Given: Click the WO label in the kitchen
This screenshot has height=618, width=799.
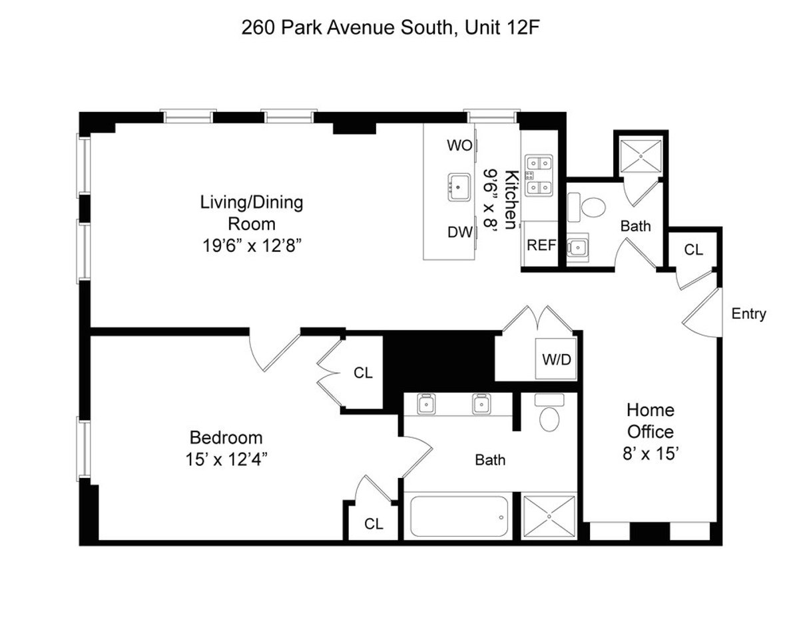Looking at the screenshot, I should (458, 145).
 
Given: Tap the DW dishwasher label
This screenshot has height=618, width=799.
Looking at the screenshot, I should (459, 232).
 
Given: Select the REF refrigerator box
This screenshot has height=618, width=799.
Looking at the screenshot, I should (541, 245).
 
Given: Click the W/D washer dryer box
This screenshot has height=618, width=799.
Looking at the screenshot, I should (556, 361).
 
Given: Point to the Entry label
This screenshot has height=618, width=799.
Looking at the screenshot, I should (748, 314).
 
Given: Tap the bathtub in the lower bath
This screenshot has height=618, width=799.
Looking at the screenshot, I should (459, 516).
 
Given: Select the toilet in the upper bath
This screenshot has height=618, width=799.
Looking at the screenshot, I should (592, 207).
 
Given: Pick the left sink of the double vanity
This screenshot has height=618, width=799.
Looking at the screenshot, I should (425, 404).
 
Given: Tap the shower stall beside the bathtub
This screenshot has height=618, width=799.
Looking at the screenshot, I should (549, 516).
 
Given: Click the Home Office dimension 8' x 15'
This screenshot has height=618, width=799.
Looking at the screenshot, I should (650, 454).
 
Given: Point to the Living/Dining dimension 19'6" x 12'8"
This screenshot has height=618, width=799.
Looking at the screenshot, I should (252, 245).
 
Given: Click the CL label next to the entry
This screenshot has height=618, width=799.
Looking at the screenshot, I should (694, 250).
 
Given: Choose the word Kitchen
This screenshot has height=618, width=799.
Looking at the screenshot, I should (511, 200).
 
